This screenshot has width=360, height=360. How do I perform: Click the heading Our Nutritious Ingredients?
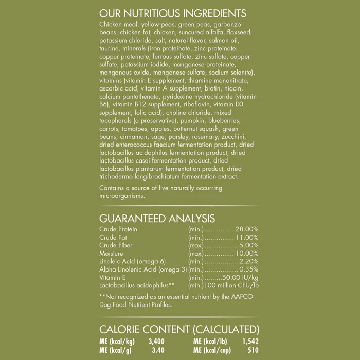click(x=173, y=13)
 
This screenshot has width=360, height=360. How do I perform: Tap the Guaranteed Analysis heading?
click(x=157, y=219)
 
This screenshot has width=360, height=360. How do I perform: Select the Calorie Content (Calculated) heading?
click(x=178, y=329)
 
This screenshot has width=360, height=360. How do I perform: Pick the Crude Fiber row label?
click(x=116, y=245)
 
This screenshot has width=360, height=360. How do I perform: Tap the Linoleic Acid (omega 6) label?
click(x=132, y=261)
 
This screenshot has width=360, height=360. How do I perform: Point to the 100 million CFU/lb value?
click(x=232, y=285)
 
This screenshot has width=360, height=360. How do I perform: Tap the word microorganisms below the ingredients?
click(x=122, y=196)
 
